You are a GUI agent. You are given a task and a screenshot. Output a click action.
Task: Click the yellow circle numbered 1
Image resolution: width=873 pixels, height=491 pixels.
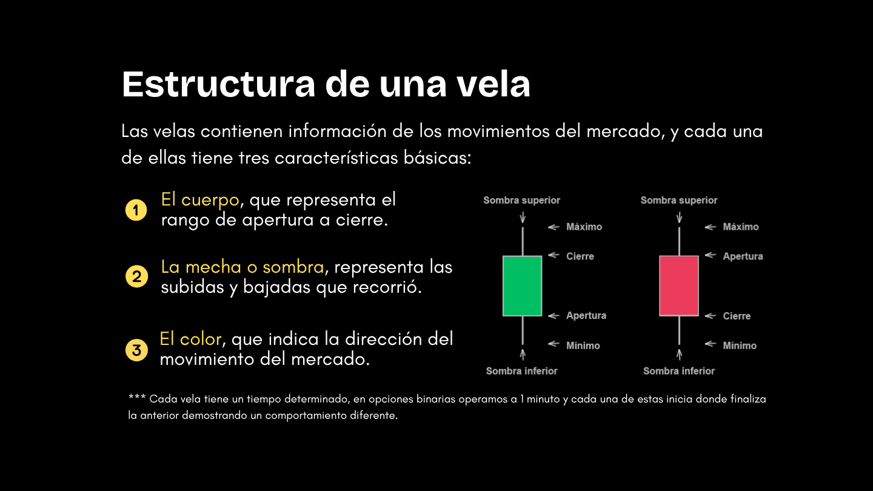[x=136, y=210]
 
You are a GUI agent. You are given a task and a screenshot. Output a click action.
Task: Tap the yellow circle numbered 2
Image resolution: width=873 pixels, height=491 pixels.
[x=137, y=276]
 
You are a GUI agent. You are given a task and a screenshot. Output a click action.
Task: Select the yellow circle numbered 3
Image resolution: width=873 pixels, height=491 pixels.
[x=136, y=350]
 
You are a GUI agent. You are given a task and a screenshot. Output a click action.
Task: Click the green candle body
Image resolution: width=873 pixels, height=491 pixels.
[x=522, y=286]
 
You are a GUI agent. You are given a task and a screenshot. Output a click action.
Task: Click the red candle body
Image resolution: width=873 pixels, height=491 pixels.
[x=679, y=286]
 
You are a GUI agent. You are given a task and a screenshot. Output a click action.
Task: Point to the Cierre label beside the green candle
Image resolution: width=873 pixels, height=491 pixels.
[x=580, y=256]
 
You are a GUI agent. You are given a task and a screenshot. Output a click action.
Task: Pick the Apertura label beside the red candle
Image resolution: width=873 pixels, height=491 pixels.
[x=743, y=256]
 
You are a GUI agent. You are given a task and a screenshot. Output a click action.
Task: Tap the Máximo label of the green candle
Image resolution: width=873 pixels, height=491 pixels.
[x=584, y=227]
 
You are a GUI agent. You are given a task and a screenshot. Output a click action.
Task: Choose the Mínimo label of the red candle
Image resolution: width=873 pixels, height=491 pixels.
[x=740, y=346]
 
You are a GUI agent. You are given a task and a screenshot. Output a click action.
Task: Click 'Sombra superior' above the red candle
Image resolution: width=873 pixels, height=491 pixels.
[x=679, y=200]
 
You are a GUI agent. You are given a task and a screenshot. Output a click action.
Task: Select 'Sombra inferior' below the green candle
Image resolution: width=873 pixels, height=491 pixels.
[x=521, y=371]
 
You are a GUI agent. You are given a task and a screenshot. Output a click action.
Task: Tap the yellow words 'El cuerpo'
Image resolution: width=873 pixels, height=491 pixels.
[x=200, y=200]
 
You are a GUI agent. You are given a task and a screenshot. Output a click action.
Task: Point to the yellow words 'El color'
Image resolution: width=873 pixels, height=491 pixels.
[x=190, y=339]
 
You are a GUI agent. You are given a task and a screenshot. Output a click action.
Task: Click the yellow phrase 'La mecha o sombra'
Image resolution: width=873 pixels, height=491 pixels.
[x=242, y=267]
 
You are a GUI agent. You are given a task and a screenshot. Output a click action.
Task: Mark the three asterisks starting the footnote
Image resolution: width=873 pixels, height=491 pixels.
[x=137, y=397]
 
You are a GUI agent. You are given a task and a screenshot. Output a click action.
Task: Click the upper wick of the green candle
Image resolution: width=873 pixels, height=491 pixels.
[x=523, y=242]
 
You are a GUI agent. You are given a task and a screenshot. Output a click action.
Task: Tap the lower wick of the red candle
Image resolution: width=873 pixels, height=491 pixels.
[x=679, y=330]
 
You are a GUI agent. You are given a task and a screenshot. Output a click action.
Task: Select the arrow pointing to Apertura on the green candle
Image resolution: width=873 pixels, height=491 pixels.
[x=554, y=316]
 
